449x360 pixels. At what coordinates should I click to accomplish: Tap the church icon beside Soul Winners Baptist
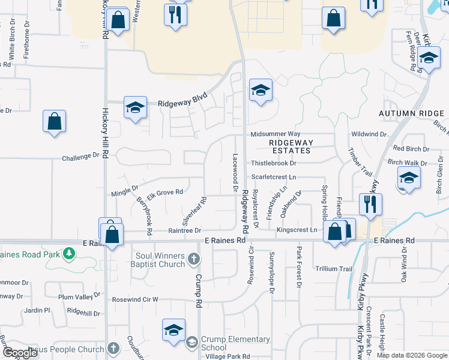tap(193, 259)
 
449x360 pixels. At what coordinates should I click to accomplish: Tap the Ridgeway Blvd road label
tap(182, 103)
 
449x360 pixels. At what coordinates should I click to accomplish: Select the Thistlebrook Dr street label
tap(274, 163)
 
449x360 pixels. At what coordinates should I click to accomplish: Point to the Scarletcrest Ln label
tap(274, 177)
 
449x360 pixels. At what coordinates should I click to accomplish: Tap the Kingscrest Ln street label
tap(297, 230)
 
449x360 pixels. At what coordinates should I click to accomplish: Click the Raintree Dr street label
tap(184, 230)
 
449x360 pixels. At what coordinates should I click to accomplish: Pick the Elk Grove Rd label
tap(164, 192)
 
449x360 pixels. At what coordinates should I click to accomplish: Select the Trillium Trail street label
tap(333, 269)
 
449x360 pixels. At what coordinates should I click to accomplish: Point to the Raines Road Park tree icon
tap(69, 254)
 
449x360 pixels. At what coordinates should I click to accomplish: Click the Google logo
tap(20, 353)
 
